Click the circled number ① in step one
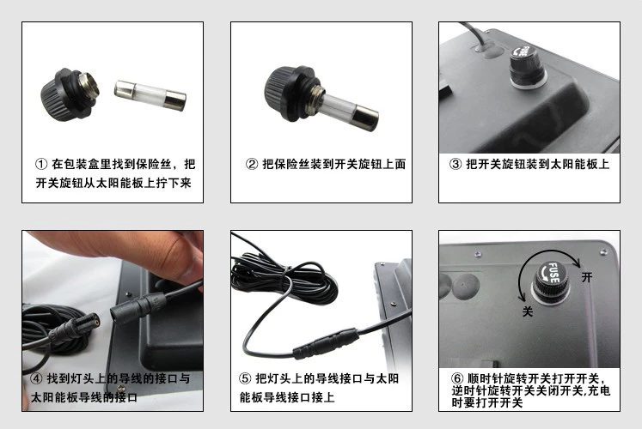coord(41,164)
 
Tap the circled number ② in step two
coord(252,164)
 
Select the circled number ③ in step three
coord(456,164)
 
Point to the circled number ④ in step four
coord(36,378)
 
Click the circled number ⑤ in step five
coord(245,378)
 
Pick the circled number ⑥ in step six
coord(457,378)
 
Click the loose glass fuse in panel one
coord(150,95)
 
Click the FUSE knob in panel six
coord(551,281)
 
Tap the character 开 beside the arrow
coord(587,277)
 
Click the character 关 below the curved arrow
coord(528,311)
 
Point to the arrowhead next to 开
coord(577,263)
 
